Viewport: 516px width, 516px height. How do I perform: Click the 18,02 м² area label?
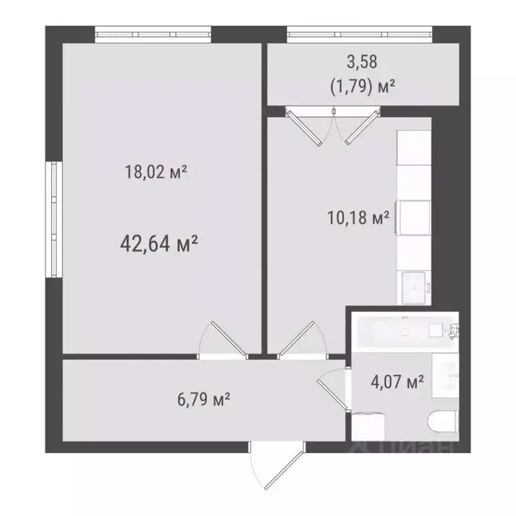click(x=155, y=173)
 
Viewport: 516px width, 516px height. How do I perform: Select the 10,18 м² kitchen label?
click(x=357, y=218)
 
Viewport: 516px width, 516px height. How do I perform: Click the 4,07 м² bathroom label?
click(x=397, y=383)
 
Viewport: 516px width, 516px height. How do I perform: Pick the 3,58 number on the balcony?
click(x=361, y=62)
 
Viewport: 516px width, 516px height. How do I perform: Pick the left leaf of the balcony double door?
click(x=306, y=128)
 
